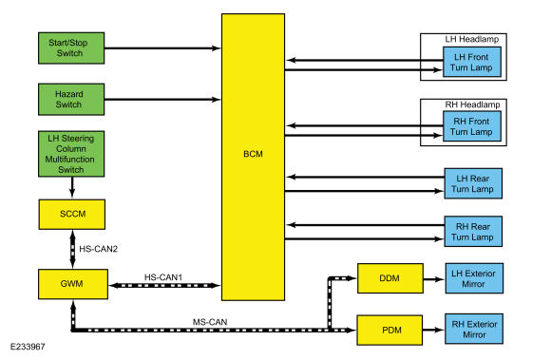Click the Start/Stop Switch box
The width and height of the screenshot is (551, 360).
pos(71,48)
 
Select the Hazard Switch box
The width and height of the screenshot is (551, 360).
pos(71,100)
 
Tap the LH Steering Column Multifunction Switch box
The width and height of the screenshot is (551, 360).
pos(71,154)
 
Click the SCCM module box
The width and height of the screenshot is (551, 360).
pos(72,215)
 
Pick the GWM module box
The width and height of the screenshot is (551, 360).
pos(73,284)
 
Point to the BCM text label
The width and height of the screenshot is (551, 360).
pos(253,154)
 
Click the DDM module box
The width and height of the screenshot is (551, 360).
pos(390,278)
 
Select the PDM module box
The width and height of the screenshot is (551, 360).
pos(389,331)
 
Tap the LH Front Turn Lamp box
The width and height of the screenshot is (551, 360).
pos(472,62)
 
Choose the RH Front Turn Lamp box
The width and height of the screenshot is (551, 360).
pos(472,126)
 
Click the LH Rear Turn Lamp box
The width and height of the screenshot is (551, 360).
pos(473,183)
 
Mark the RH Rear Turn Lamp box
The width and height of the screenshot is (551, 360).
pos(473,232)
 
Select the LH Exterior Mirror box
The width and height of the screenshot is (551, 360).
pos(474,278)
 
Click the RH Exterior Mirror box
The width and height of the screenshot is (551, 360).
pos(474,329)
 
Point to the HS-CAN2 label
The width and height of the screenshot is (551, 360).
pos(99,249)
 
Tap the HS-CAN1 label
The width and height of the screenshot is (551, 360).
pos(163,277)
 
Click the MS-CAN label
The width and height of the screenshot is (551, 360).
pos(210,322)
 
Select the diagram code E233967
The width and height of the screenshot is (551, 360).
pos(28,347)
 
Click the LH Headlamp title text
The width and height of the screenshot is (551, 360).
pos(472,39)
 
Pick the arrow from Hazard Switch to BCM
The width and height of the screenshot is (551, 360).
pos(162,100)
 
